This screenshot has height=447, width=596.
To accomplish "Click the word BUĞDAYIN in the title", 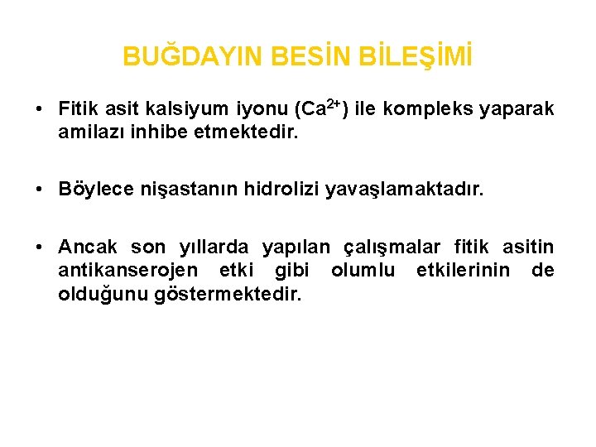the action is (x=192, y=56).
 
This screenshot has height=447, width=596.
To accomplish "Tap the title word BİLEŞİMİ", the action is (x=415, y=56).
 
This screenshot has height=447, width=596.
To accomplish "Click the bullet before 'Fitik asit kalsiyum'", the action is (x=38, y=109).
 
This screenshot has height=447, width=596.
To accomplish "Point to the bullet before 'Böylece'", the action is (x=38, y=189).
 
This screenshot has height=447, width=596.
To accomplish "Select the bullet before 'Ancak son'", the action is (x=38, y=247).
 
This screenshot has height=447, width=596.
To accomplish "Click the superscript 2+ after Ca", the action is (x=334, y=103).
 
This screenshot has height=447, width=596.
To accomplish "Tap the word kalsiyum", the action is (x=187, y=109).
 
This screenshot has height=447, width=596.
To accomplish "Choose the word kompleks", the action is (x=428, y=109).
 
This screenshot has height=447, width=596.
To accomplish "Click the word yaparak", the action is (x=517, y=109).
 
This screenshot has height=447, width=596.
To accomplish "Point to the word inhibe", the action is (x=159, y=132).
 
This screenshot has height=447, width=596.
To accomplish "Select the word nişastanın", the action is (x=189, y=190).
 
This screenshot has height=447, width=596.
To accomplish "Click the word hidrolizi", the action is (x=281, y=189).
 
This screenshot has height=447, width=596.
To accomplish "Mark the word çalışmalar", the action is (x=392, y=248).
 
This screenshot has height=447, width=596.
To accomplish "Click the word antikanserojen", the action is (x=128, y=271).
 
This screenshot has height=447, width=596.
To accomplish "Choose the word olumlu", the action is (x=363, y=270).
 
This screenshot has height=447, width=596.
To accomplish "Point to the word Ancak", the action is (x=88, y=247).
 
